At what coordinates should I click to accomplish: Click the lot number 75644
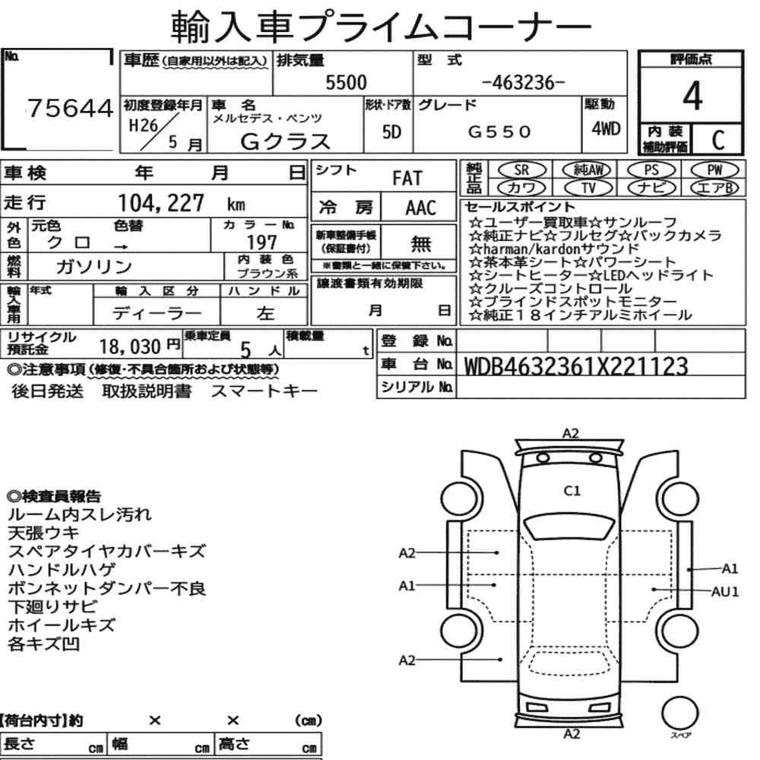click(70, 108)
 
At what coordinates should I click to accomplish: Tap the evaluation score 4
click(692, 96)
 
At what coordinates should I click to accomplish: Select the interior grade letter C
click(718, 140)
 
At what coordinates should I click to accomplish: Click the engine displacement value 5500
click(346, 82)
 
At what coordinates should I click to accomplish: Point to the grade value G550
click(499, 131)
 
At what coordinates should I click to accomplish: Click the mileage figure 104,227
click(161, 203)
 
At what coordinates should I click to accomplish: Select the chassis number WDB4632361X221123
click(575, 367)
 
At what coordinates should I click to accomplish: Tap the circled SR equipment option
click(521, 170)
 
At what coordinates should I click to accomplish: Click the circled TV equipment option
click(588, 188)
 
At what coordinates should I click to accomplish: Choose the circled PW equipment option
click(714, 170)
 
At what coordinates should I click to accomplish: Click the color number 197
click(261, 242)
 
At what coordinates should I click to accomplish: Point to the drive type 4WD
click(606, 129)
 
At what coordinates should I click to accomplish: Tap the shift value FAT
click(407, 179)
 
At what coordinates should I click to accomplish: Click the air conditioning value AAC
click(421, 208)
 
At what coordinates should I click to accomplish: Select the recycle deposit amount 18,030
click(130, 347)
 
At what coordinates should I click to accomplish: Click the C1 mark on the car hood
click(572, 491)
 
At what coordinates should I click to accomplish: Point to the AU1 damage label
click(724, 592)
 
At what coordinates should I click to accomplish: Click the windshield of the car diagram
click(570, 527)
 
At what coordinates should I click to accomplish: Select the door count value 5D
click(391, 131)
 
